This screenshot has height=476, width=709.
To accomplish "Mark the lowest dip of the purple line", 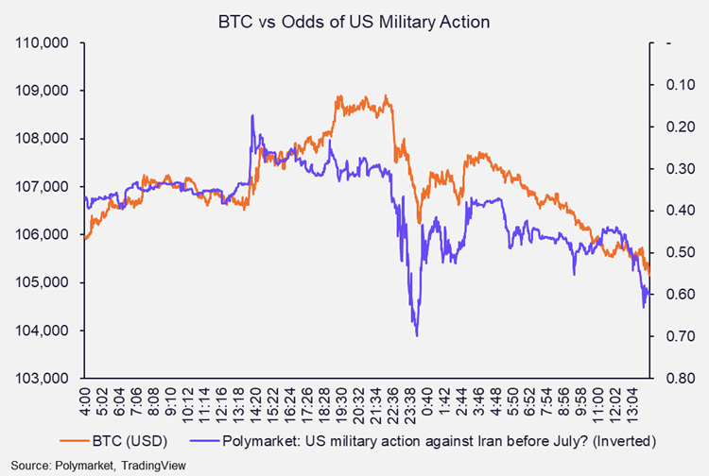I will [416, 335].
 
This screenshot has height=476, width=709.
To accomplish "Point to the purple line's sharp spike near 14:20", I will [252, 115].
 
